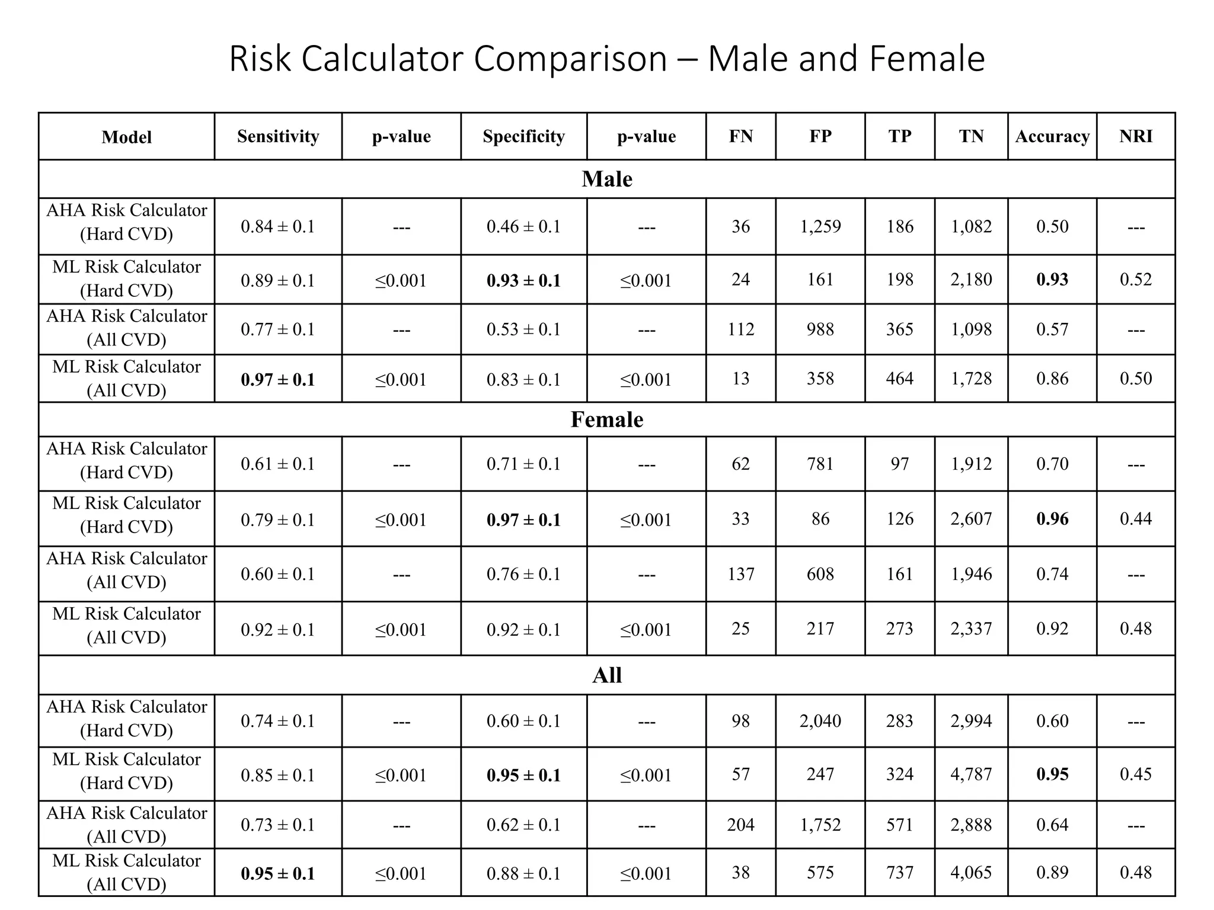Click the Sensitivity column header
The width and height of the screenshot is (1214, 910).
pos(278,136)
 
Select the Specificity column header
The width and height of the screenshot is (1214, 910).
pos(523,136)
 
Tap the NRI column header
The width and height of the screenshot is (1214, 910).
pos(1135,136)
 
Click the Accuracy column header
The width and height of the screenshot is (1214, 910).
pos(1052,137)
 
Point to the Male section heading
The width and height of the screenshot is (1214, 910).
pos(606,179)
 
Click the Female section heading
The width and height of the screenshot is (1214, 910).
pos(606,419)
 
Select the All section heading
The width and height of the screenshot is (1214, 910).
pos(606,675)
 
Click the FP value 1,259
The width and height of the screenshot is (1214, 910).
pos(820,226)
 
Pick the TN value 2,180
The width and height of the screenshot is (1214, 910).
pos(971,279)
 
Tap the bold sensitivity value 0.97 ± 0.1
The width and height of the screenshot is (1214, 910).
pos(278,379)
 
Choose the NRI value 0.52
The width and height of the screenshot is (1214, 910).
pos(1135,279)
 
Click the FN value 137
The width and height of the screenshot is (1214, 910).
pos(740,573)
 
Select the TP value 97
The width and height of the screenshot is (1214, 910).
pos(899,464)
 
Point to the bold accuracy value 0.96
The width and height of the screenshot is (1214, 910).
pos(1052,519)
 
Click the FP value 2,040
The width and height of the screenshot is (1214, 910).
pos(820,721)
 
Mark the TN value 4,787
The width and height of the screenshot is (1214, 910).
pos(971,774)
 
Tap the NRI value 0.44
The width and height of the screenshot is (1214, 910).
pos(1135,519)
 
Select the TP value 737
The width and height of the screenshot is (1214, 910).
pos(899,872)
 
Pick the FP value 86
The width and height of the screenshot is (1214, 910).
pos(820,519)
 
